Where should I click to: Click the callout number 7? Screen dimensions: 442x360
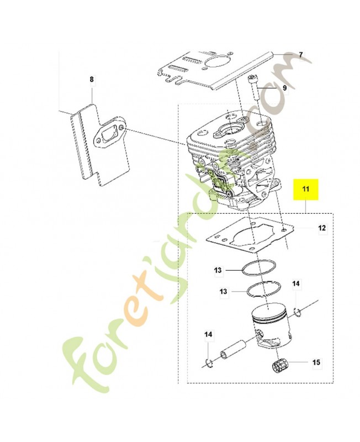tap(301, 55)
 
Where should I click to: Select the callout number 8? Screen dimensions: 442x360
tap(92, 80)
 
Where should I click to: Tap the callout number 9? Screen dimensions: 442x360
tap(285, 87)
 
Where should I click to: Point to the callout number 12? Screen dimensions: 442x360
tap(322, 228)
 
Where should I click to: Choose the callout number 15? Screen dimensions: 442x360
tap(316, 363)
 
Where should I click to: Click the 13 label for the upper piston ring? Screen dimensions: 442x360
tap(218, 270)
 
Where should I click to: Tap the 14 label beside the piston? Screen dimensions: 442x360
tap(297, 284)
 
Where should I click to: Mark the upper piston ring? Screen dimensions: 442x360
tap(258, 267)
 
